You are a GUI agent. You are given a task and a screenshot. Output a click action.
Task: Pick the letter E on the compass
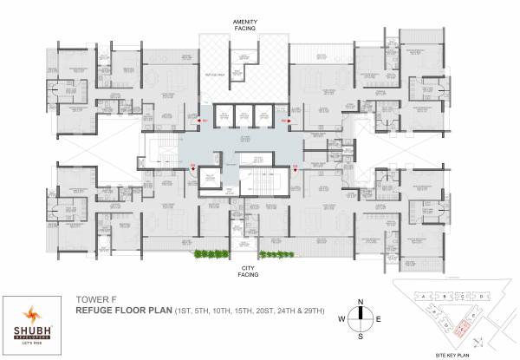(x=378, y=317)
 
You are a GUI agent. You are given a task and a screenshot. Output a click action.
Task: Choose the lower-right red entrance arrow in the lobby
(x=296, y=170)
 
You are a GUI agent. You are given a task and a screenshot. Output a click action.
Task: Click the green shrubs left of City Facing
(x=208, y=254)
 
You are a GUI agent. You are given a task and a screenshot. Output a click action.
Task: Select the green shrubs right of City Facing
(x=275, y=254)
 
